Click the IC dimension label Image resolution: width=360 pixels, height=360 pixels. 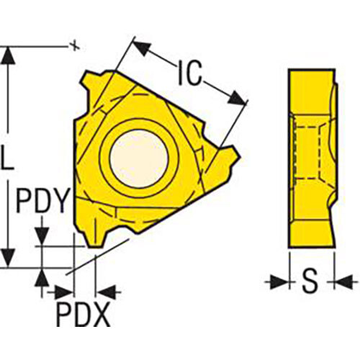click(x=189, y=73)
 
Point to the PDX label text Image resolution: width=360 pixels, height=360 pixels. click(x=84, y=314)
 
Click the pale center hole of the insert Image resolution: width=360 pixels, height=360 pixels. click(x=139, y=158)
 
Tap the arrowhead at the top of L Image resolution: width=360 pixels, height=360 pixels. click(x=9, y=55)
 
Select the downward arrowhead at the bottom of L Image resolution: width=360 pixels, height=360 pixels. click(x=9, y=258)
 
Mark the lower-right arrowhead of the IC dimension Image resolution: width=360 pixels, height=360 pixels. click(x=237, y=99)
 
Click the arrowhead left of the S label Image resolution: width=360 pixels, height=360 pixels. click(x=279, y=282)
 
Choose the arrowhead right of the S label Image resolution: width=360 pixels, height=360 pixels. click(x=343, y=282)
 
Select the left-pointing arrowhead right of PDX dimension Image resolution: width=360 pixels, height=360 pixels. click(x=106, y=292)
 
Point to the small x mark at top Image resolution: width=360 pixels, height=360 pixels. click(x=76, y=45)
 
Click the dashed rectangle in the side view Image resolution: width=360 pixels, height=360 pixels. click(x=308, y=153)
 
